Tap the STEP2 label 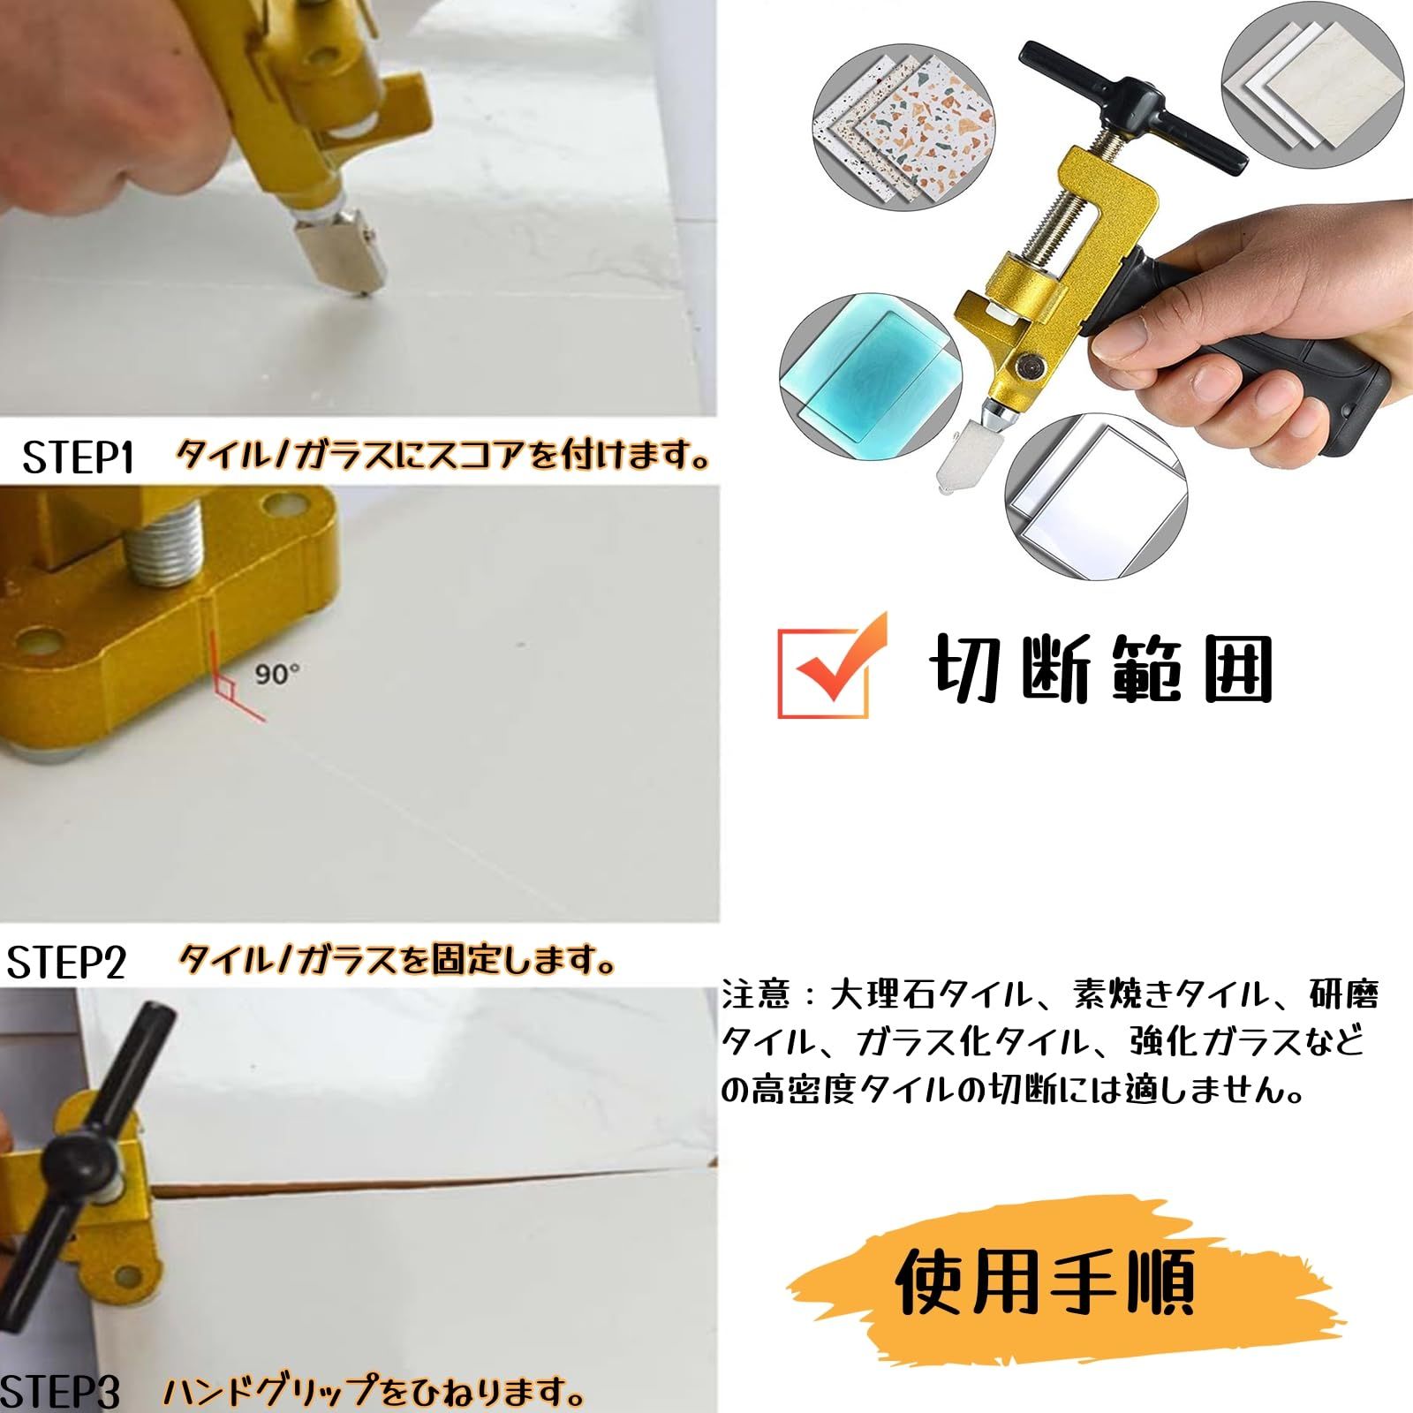(x=67, y=963)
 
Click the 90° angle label (x=276, y=674)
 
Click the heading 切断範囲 (x=1100, y=669)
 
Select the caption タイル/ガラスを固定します (x=396, y=961)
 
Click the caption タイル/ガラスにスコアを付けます (x=443, y=457)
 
